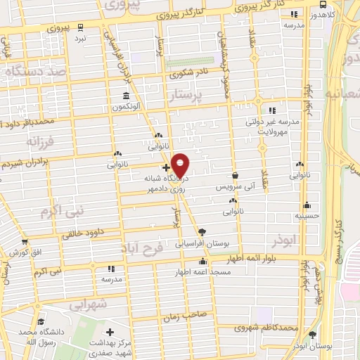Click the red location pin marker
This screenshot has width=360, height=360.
coord(181,165)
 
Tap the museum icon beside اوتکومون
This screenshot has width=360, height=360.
coord(126,96)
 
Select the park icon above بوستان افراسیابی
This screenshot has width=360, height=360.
coord(202,231)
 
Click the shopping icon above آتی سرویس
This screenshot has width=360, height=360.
coord(235,176)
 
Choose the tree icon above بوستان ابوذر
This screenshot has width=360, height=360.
coord(313,335)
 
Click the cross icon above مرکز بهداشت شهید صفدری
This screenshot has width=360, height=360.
coord(110,331)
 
